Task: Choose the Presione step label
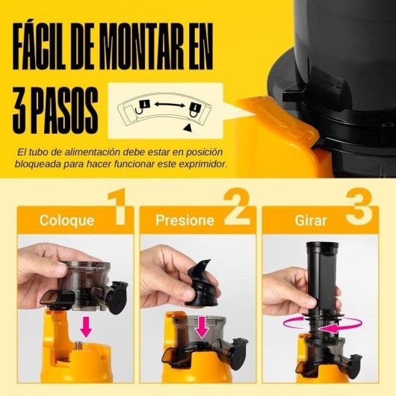[184, 220]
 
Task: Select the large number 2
[236, 209]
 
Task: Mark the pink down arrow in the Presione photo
[199, 327]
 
